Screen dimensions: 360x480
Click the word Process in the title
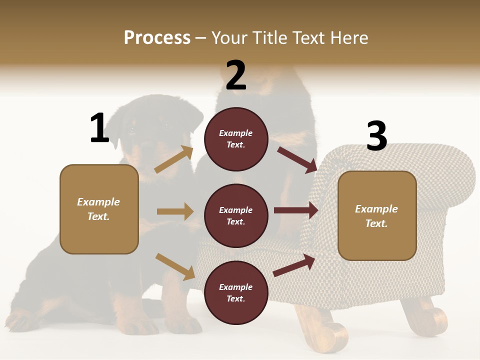tap(157, 38)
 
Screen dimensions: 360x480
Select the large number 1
tap(99, 128)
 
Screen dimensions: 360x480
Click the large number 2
tap(236, 75)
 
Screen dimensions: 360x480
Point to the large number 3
tap(376, 136)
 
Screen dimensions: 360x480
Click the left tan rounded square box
tap(99, 209)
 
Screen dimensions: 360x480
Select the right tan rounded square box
tap(377, 216)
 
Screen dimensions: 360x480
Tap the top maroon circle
tap(236, 139)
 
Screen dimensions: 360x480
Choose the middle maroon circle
tap(236, 215)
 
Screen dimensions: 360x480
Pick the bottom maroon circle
tap(236, 292)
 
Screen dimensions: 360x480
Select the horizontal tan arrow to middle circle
tap(175, 211)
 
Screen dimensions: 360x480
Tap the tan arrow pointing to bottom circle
tap(175, 266)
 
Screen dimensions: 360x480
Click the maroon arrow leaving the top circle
tap(297, 159)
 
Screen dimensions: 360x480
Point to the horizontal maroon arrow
tap(296, 210)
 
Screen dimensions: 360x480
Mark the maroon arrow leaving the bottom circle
tap(294, 265)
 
